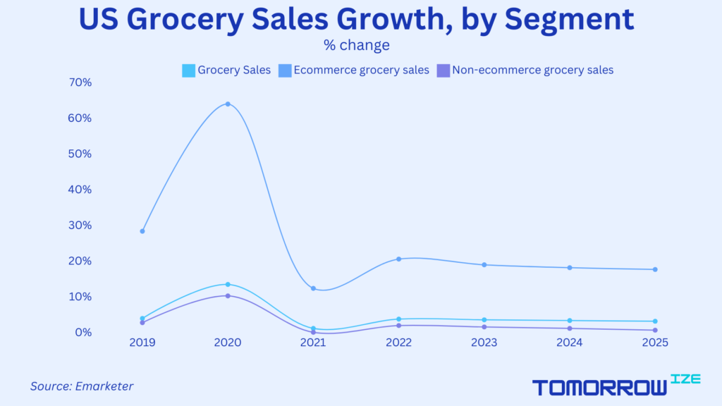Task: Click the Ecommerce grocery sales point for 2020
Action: (x=228, y=104)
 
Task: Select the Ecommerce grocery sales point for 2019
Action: (x=142, y=231)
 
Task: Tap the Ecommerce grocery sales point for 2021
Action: (x=313, y=288)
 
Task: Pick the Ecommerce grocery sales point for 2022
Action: (x=398, y=259)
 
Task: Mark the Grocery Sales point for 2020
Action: (x=228, y=284)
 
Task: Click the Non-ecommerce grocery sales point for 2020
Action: (x=228, y=295)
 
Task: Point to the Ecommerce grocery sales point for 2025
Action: (x=655, y=269)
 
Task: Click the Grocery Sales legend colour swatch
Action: (x=188, y=70)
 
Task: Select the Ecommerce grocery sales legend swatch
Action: (x=283, y=70)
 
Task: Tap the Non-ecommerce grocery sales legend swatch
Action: (x=443, y=70)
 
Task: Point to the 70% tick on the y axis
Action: (x=80, y=82)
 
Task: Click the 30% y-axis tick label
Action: (x=80, y=226)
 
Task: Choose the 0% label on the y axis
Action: (x=82, y=332)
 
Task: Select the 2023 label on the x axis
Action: (x=484, y=343)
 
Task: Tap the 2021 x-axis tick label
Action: (x=313, y=343)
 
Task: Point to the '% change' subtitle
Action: (x=357, y=46)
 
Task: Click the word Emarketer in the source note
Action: (x=104, y=386)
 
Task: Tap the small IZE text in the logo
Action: (x=685, y=379)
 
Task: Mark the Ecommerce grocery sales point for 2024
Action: (x=570, y=267)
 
